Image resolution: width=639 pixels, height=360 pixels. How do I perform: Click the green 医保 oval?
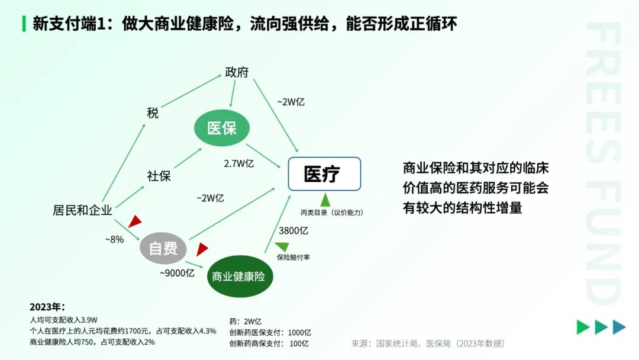[x=222, y=128]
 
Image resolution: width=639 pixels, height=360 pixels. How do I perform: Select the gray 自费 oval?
[x=163, y=248]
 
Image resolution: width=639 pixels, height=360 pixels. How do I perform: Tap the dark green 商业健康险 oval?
[x=240, y=277]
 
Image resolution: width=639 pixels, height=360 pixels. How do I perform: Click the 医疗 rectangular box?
[x=324, y=174]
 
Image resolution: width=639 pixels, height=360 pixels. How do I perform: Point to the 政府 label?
[x=237, y=72]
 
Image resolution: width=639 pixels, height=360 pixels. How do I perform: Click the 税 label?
[x=153, y=113]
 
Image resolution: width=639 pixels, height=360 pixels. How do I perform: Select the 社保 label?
[x=159, y=176]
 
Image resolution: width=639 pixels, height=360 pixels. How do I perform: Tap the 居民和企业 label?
[x=82, y=210]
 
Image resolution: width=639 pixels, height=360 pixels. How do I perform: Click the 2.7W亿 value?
[x=239, y=163]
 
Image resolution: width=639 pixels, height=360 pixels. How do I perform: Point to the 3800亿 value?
[x=293, y=231]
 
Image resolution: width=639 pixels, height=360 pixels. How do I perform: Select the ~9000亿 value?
[x=177, y=273]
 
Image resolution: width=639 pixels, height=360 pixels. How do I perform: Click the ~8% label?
[x=115, y=240]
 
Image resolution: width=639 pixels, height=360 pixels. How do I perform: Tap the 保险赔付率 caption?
[x=293, y=257]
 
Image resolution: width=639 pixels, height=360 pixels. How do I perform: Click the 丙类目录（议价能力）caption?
[x=332, y=213]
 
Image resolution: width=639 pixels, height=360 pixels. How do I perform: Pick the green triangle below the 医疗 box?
[x=325, y=200]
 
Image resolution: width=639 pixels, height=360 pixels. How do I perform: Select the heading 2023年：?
[x=47, y=307]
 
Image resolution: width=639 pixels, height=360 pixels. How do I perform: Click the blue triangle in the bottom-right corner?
[x=619, y=327]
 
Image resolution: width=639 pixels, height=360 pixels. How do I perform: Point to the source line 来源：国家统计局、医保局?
[x=428, y=343]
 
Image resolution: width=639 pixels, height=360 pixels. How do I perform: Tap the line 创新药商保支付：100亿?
[x=269, y=343]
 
